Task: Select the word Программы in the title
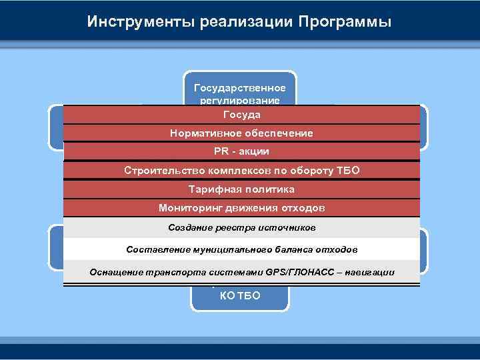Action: [345, 22]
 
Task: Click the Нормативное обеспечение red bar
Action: [241, 133]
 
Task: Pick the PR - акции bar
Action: [241, 151]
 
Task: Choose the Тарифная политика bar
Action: [241, 189]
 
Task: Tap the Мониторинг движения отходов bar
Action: [241, 207]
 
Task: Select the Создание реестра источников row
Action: [241, 228]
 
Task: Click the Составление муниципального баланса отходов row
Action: [241, 250]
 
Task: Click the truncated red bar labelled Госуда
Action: [241, 115]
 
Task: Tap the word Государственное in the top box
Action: [239, 88]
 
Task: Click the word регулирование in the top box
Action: [239, 100]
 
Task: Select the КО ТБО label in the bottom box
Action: [239, 296]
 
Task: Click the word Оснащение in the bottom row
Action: [113, 272]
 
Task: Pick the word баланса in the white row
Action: [271, 250]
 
